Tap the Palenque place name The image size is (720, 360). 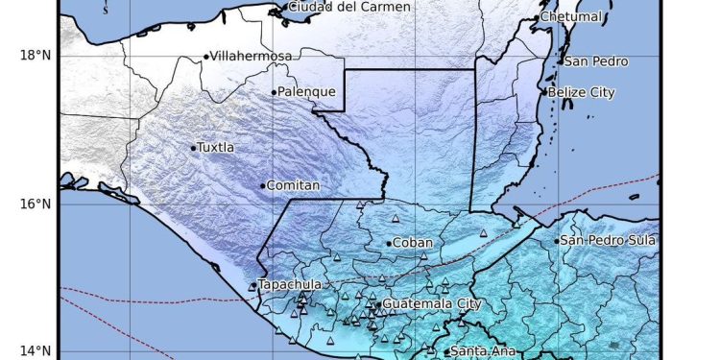coord(306,92)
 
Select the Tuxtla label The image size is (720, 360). coord(215,148)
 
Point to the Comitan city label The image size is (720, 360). coord(292,185)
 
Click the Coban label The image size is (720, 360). coord(413,243)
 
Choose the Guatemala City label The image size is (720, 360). coord(430,304)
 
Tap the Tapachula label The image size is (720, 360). coord(289,285)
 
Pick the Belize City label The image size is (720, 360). coord(582,92)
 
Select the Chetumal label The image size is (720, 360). coord(570,17)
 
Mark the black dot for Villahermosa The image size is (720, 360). coord(205,57)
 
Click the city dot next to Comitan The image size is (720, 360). coord(262,186)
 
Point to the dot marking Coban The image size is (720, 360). coord(389,244)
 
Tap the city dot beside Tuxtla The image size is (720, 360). coord(193,148)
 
